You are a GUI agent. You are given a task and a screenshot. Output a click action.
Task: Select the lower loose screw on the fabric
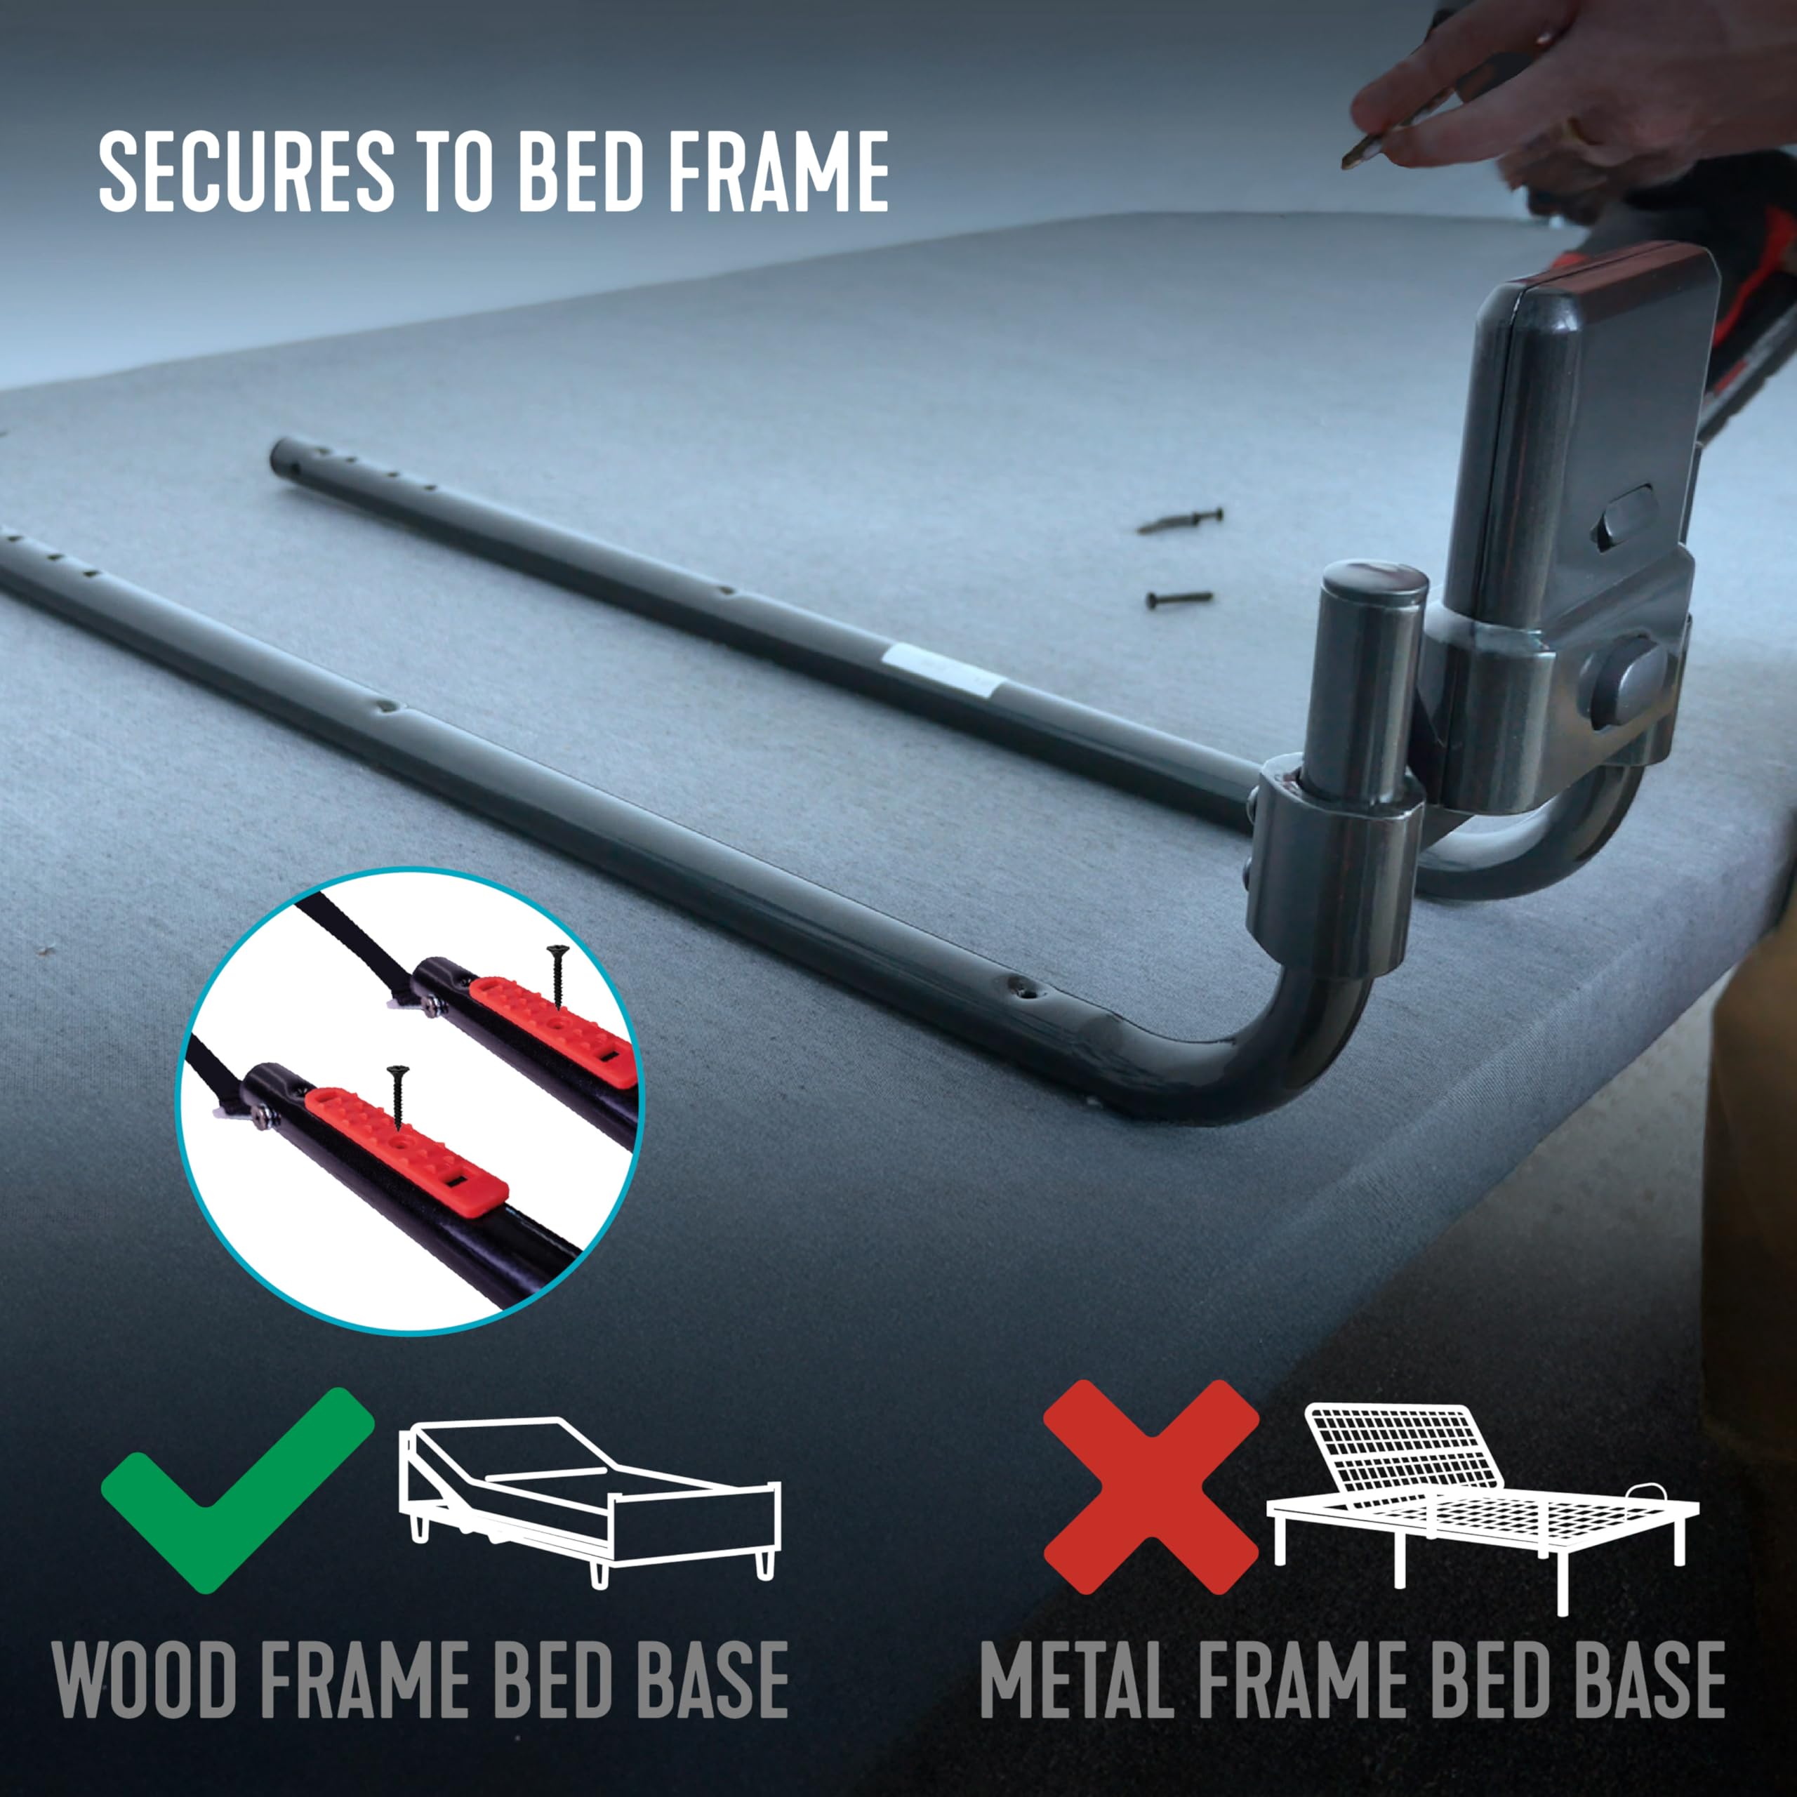1179,598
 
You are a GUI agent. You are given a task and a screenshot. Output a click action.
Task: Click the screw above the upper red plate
558,976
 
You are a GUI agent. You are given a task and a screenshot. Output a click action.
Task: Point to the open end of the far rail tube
279,456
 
